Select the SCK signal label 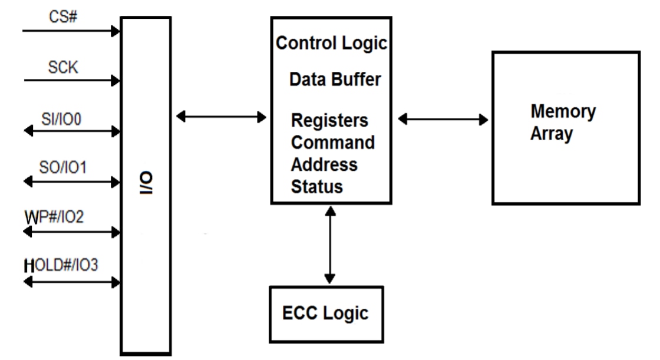[63, 68]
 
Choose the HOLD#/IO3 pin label [61, 266]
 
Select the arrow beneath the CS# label [71, 31]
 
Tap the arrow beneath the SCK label [71, 81]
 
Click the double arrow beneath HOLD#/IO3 [71, 282]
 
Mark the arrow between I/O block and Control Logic [221, 117]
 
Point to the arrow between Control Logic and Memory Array [443, 120]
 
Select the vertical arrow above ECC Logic [330, 244]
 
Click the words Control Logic [332, 44]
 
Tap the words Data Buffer [335, 80]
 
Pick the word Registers [329, 120]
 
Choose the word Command [332, 143]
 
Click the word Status [316, 187]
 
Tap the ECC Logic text [326, 313]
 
